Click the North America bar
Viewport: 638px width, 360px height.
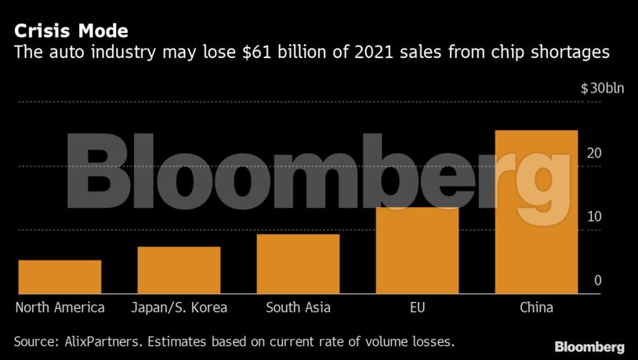pos(60,277)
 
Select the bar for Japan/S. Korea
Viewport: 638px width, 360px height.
pos(179,270)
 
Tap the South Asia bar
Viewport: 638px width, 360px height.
pos(299,264)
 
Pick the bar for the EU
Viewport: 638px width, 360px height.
pos(418,250)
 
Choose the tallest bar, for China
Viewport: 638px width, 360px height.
pos(536,212)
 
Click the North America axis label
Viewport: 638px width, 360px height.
pos(60,307)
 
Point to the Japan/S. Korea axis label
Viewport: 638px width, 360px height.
pos(179,307)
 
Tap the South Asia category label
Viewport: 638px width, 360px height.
pos(299,307)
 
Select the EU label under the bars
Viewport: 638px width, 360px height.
pos(418,307)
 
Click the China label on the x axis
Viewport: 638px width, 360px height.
pos(536,307)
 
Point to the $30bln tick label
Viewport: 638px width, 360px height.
pos(602,89)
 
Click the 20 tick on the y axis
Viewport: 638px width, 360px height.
pos(594,153)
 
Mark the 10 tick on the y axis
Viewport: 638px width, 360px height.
pos(594,216)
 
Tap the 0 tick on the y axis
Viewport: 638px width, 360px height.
pos(598,280)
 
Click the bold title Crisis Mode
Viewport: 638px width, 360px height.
pos(71,31)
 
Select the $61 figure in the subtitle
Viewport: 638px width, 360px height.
pos(256,53)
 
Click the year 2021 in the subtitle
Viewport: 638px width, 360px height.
pos(373,53)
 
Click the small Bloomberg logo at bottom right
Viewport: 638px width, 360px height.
pos(589,347)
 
